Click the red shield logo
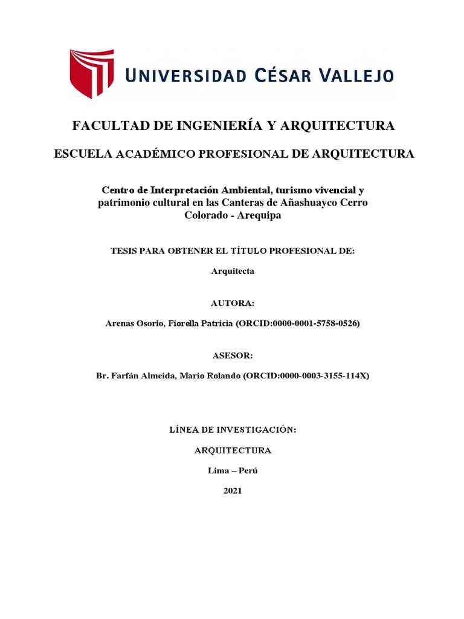click(x=91, y=73)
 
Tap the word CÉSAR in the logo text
click(x=280, y=76)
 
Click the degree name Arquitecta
click(x=233, y=271)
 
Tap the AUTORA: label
click(x=233, y=303)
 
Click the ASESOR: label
click(x=233, y=355)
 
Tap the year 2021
click(x=233, y=491)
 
